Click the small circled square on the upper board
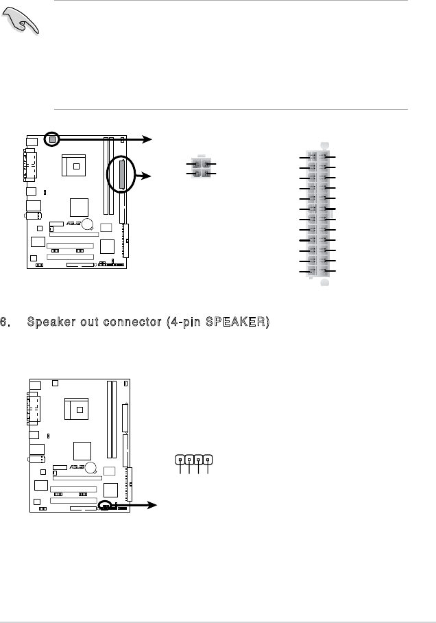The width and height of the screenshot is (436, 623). point(51,139)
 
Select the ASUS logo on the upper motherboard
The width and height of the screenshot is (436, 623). point(75,224)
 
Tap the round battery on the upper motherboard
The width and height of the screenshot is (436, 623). point(88,224)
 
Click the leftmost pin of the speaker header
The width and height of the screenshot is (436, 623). point(180,460)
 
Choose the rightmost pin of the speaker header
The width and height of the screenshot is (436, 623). point(207,460)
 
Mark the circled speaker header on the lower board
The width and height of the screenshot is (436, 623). point(105,505)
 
